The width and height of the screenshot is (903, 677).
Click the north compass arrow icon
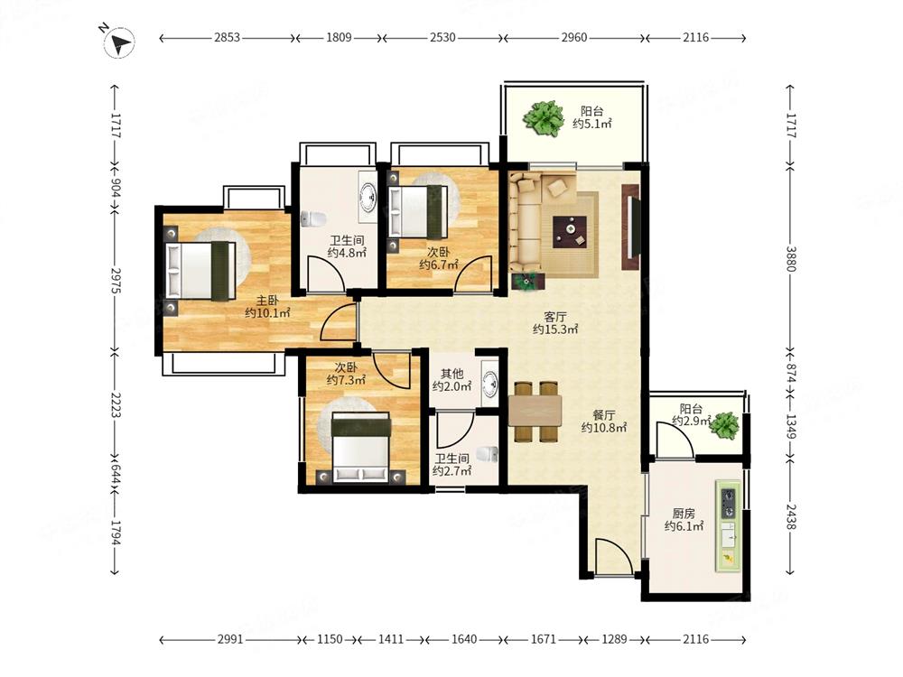118,42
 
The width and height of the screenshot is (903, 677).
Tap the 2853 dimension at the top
227,38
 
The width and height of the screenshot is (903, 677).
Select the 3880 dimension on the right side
791,258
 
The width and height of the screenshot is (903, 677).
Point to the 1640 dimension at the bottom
464,639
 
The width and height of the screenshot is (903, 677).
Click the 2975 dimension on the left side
116,281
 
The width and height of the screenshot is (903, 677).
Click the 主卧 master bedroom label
267,301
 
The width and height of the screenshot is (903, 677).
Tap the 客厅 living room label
555,317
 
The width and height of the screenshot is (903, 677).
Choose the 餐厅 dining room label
604,415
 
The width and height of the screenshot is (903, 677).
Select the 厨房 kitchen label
684,514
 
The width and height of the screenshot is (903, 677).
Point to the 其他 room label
452,375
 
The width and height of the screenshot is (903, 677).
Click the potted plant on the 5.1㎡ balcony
543,118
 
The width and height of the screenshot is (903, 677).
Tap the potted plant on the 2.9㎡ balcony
724,426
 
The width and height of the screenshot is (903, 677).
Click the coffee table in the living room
570,231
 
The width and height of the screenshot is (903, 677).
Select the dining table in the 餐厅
535,411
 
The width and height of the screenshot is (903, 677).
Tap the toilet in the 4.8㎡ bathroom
312,218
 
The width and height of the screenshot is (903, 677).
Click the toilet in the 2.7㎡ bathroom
488,454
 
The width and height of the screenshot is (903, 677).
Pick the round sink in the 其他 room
490,383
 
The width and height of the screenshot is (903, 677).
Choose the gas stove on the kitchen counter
729,503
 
